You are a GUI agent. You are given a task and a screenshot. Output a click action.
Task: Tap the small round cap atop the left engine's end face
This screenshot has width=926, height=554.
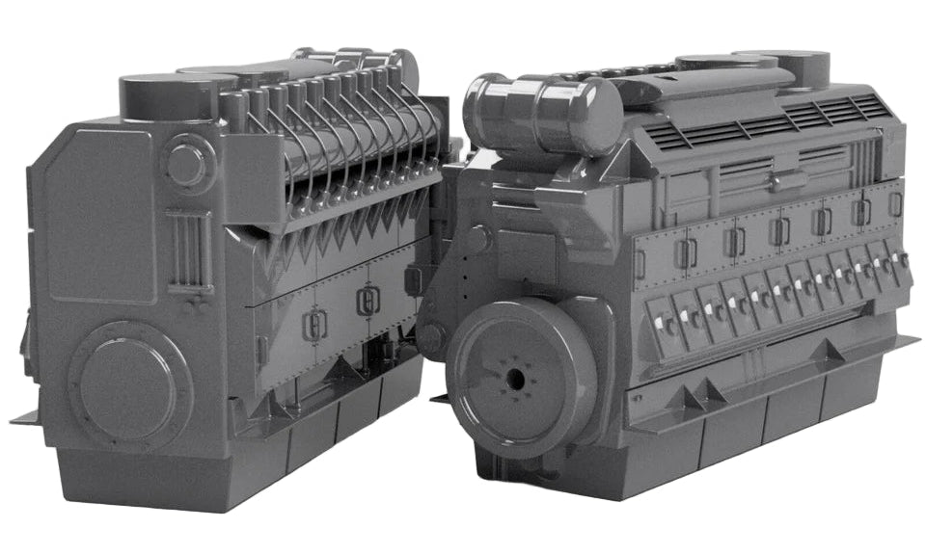point(185,163)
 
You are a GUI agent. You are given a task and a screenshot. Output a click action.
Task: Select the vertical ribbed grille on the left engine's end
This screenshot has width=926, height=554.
point(188,250)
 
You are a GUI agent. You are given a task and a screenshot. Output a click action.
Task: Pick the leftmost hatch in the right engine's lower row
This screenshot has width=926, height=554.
point(665,325)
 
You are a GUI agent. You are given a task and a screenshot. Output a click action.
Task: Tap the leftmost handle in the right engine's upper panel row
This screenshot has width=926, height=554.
point(686,253)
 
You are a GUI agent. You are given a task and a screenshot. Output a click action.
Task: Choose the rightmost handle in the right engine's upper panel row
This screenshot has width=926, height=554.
point(895,203)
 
